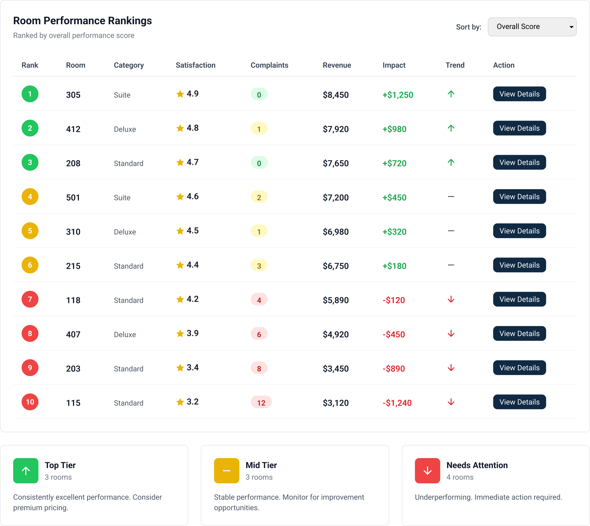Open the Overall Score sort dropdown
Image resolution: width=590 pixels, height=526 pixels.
532,27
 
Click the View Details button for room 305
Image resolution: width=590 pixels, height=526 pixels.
519,94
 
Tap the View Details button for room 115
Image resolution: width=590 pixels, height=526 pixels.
519,402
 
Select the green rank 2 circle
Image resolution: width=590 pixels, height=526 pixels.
30,128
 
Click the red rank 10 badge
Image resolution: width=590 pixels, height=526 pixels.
30,402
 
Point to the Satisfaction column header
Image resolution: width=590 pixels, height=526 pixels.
195,65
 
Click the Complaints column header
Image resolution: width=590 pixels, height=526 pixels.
269,65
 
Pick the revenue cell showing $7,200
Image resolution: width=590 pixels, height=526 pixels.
335,197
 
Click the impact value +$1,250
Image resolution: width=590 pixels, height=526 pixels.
397,95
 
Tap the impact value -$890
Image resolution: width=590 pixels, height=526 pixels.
394,369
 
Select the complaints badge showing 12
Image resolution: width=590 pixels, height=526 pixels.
261,402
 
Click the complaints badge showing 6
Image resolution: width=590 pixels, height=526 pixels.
259,334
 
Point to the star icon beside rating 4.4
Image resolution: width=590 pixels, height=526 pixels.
180,265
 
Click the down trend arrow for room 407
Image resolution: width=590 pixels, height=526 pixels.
451,334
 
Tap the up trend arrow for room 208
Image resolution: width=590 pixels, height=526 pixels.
451,162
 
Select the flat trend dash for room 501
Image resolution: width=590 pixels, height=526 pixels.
451,197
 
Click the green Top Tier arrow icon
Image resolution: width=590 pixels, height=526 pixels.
26,470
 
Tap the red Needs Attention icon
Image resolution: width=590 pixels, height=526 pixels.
427,470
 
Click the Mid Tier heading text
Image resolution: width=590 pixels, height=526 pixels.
261,465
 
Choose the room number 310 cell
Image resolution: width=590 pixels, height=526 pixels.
73,231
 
